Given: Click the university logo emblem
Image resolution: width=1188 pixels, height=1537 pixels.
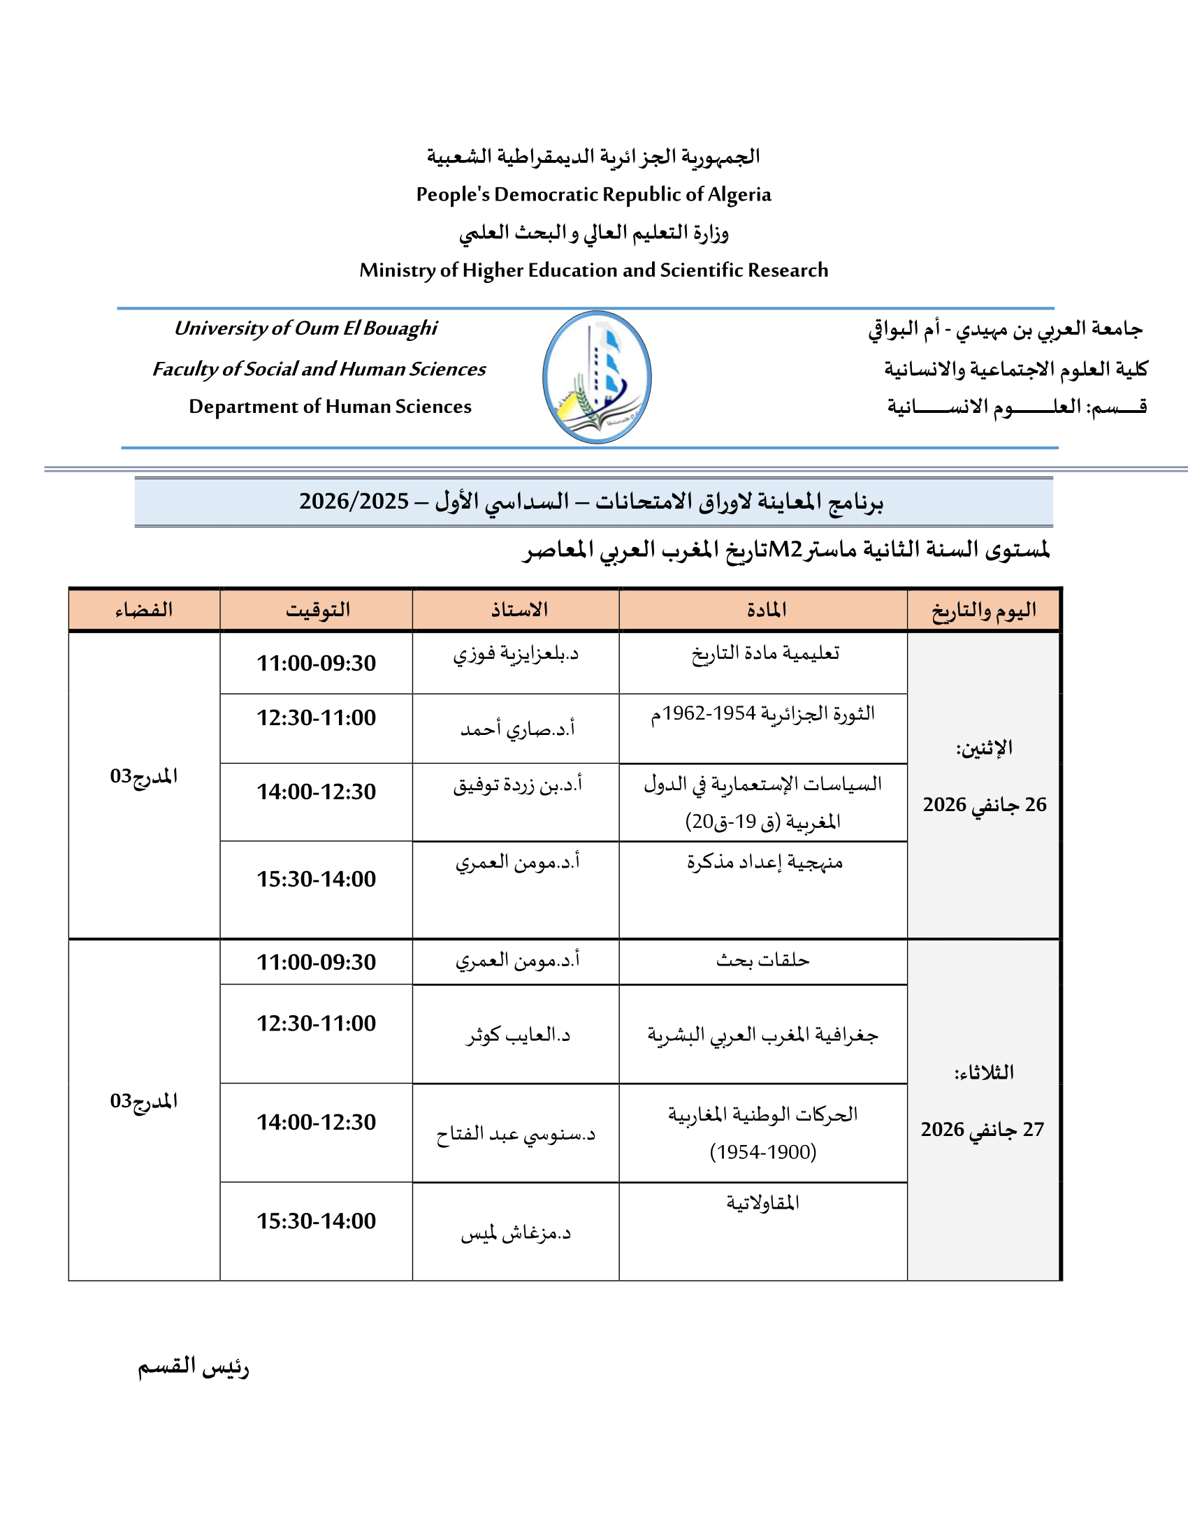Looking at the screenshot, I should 597,377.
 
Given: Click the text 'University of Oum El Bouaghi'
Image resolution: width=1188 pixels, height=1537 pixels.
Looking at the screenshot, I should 305,328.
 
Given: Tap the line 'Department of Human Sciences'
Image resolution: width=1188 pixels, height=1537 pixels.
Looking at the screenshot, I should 330,407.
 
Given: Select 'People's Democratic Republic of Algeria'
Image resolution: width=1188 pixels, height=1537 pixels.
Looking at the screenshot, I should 593,194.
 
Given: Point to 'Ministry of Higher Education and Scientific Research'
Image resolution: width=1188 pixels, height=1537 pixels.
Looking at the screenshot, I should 593,270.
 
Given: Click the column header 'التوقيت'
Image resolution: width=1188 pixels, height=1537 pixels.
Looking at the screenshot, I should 317,609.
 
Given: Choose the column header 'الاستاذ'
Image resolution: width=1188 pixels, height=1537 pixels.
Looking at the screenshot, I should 519,609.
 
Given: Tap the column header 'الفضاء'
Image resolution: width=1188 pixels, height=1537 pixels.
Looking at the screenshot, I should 144,609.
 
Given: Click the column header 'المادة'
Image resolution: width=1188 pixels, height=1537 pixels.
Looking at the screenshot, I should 767,609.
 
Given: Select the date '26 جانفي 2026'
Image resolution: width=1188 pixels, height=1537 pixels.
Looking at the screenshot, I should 985,804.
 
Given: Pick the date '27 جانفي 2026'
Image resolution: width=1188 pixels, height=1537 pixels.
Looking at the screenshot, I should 983,1130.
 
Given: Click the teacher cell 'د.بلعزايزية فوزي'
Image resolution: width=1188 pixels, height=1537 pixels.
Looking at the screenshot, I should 516,655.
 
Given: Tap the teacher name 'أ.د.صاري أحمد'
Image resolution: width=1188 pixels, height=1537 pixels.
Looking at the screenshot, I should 517,729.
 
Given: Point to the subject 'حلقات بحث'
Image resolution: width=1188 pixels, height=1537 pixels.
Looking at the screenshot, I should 763,961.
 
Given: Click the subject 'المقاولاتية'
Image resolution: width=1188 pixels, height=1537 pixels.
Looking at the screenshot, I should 763,1203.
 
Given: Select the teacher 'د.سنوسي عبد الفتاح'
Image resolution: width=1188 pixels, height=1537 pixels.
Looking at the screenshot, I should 516,1135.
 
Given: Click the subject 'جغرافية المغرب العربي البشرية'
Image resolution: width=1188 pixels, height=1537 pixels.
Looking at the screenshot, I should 763,1035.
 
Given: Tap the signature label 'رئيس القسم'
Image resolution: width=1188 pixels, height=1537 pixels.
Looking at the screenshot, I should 193,1367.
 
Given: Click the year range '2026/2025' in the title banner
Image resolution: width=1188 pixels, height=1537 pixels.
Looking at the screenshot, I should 354,501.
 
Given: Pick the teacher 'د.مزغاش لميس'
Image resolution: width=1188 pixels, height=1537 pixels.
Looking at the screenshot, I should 516,1233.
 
